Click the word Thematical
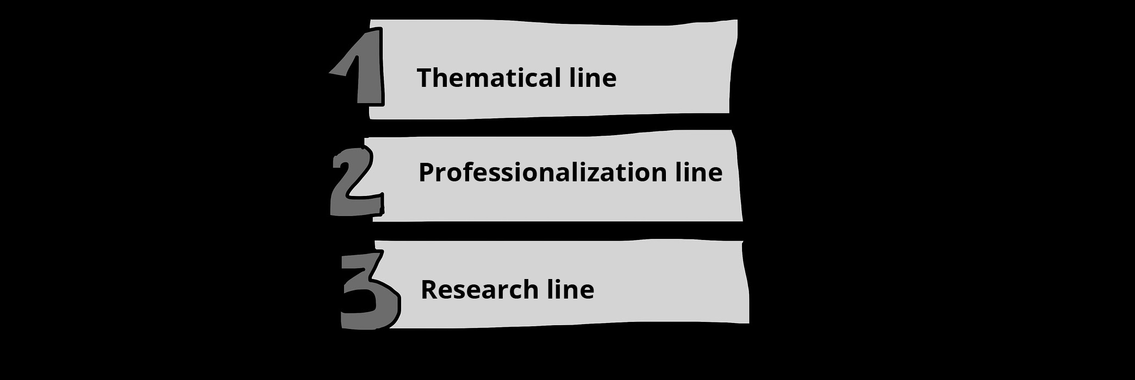(489, 78)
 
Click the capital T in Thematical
(425, 78)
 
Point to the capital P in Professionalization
(427, 172)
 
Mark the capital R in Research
(429, 289)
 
